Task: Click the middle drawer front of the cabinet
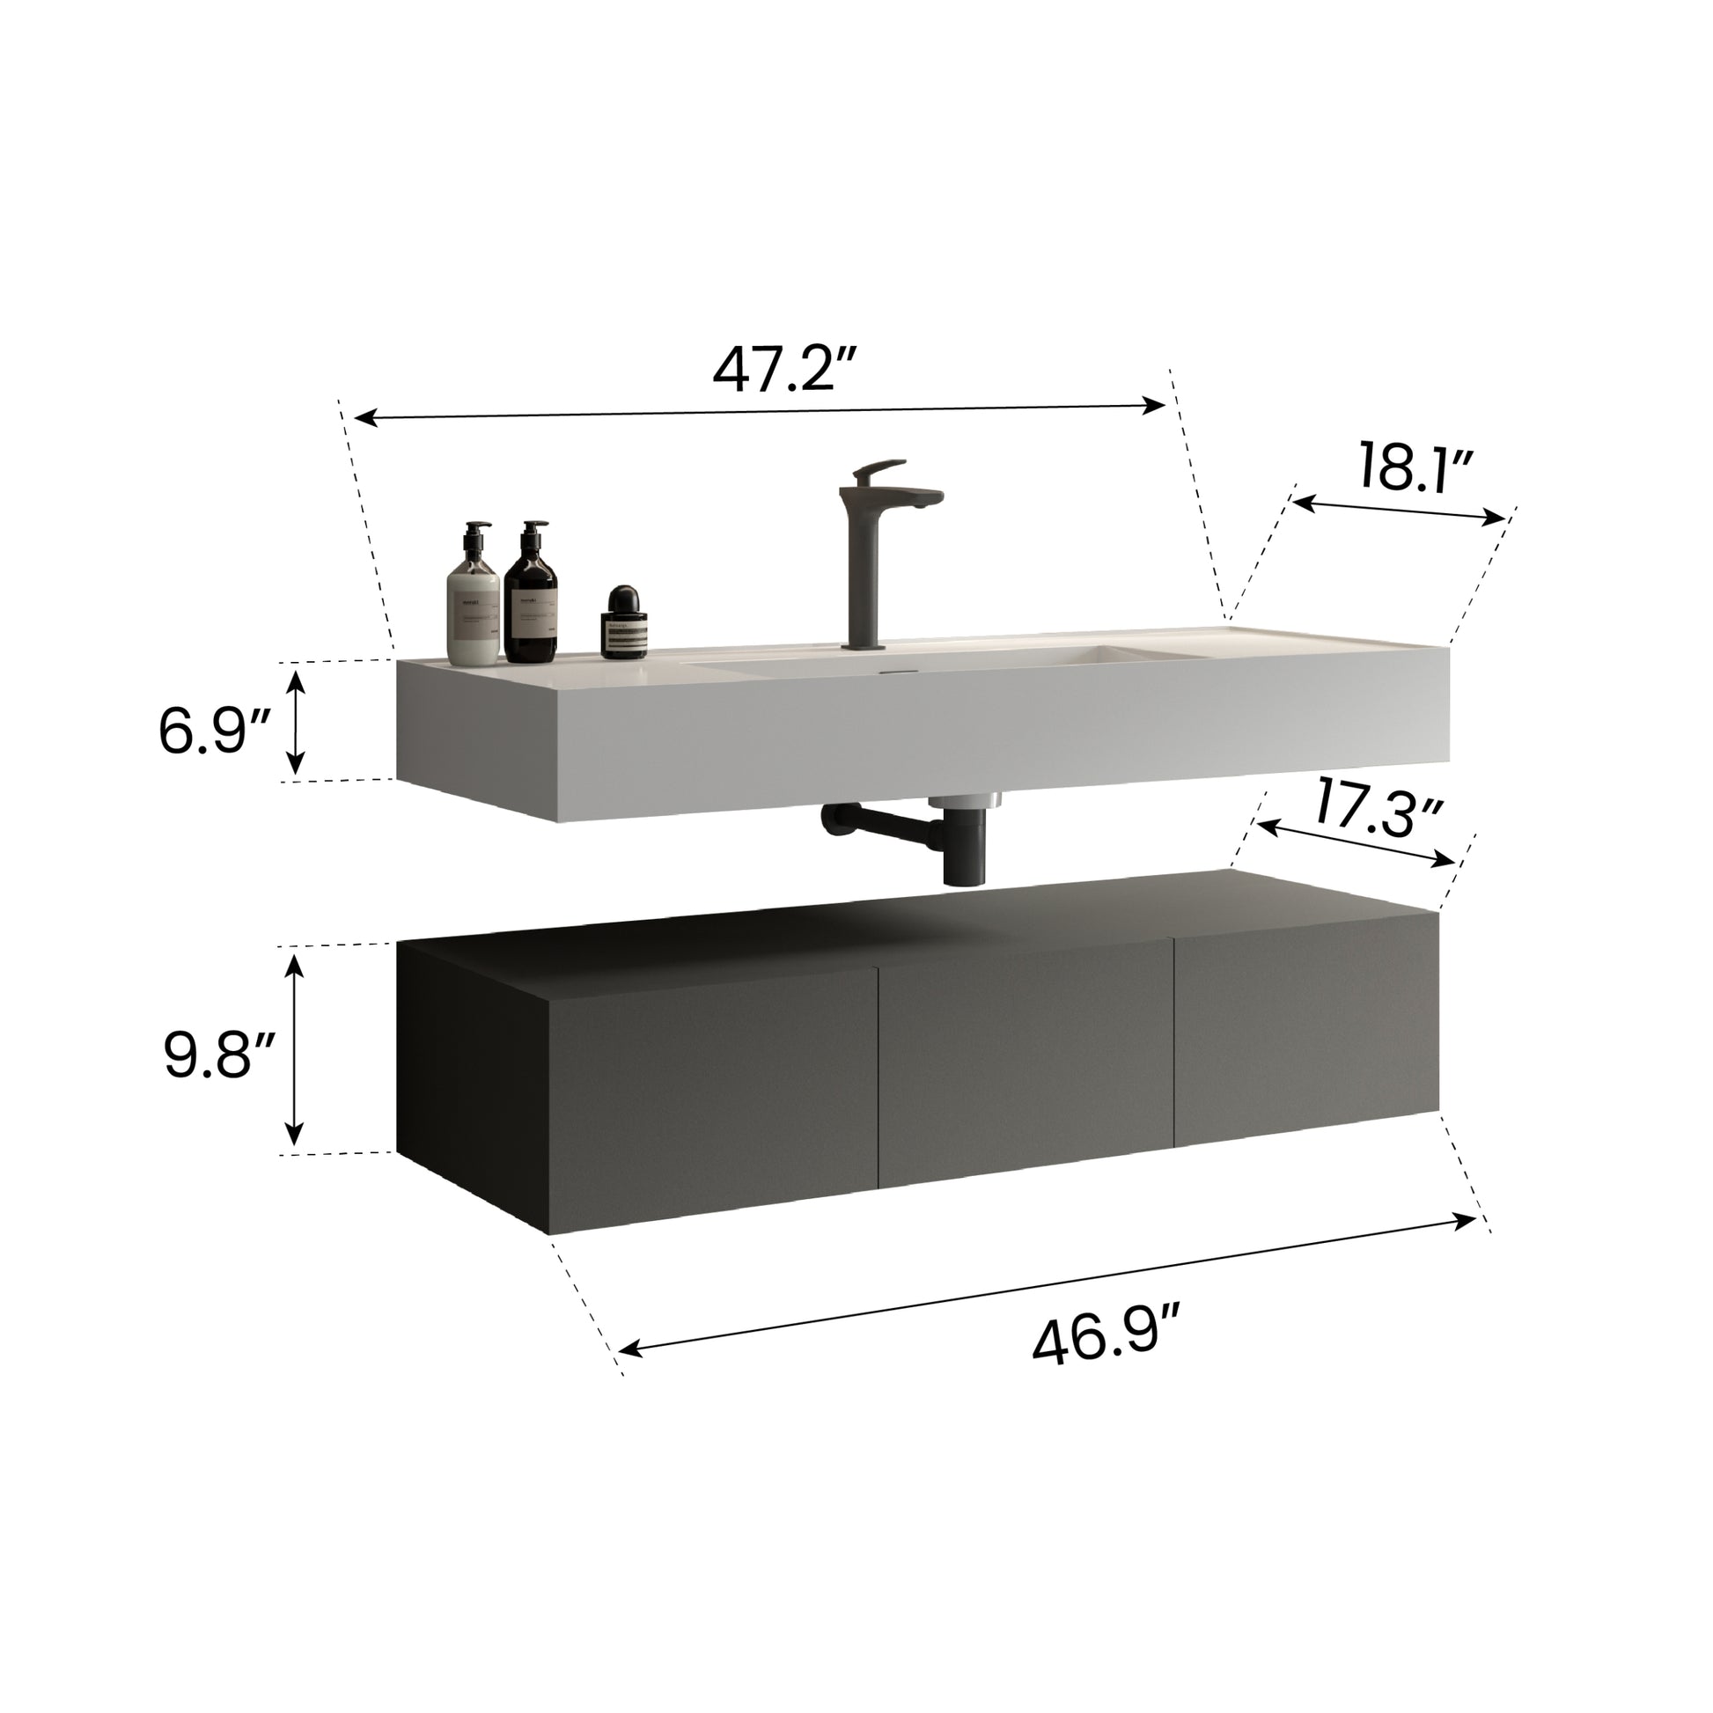(1024, 1061)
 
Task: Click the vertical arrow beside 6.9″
(296, 720)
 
